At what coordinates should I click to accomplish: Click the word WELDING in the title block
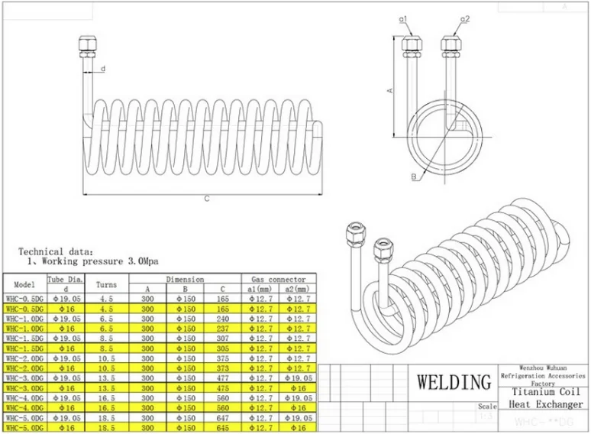pyautogui.click(x=454, y=382)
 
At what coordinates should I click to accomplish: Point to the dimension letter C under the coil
pyautogui.click(x=207, y=199)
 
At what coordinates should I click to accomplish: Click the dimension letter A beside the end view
pyautogui.click(x=389, y=90)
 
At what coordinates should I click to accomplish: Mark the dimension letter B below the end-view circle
pyautogui.click(x=413, y=178)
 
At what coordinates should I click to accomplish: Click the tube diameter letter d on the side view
pyautogui.click(x=103, y=69)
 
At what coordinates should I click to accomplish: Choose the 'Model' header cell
pyautogui.click(x=25, y=283)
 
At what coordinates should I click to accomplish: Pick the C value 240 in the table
pyautogui.click(x=222, y=318)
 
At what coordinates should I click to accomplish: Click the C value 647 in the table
pyautogui.click(x=222, y=418)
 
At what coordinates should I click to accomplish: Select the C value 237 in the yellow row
pyautogui.click(x=222, y=328)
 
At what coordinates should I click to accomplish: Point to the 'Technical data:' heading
pyautogui.click(x=56, y=251)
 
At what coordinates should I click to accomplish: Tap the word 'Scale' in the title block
pyautogui.click(x=486, y=406)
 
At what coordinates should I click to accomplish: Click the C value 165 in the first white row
pyautogui.click(x=222, y=298)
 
